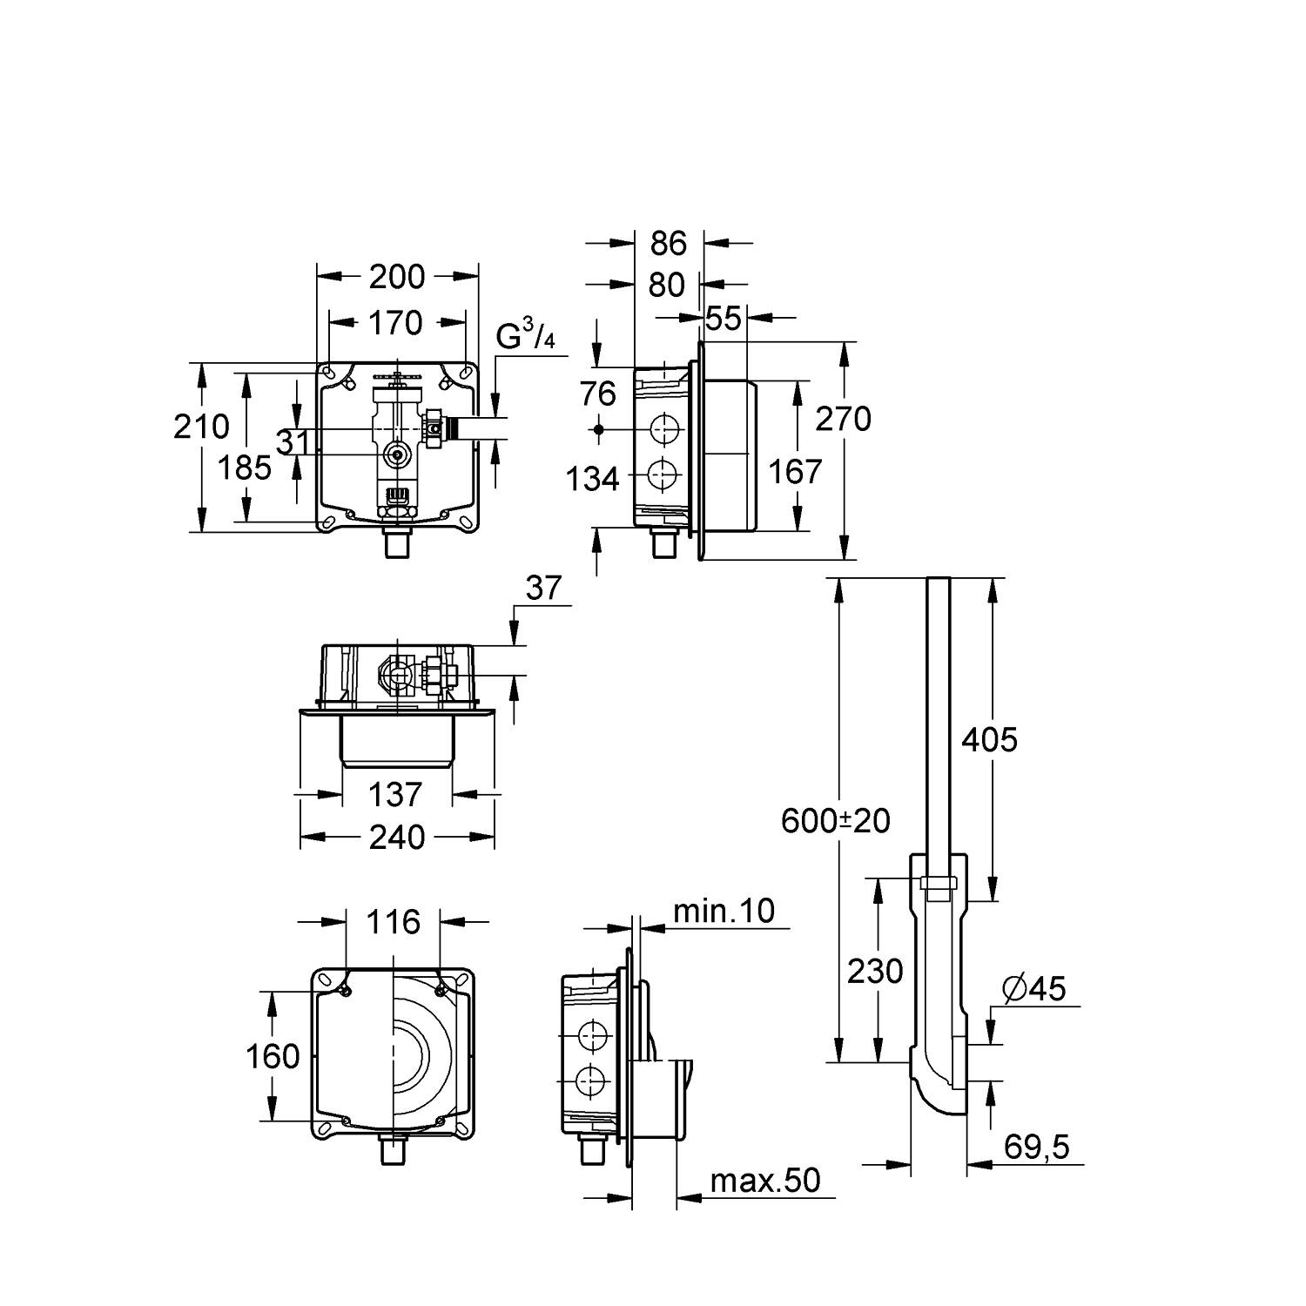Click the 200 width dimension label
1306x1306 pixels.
[397, 277]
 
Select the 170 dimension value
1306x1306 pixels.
[395, 323]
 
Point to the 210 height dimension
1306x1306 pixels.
[201, 426]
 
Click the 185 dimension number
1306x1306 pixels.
[245, 468]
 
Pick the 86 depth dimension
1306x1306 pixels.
[668, 244]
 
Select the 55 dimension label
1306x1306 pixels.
[723, 319]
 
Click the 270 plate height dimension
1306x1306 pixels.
[843, 419]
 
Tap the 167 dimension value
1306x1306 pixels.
[795, 472]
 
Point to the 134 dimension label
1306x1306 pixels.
[593, 478]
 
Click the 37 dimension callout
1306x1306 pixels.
[544, 589]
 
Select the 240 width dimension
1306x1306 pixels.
[397, 838]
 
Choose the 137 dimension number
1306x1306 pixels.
[395, 794]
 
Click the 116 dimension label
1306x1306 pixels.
[394, 921]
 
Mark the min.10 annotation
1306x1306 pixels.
[724, 911]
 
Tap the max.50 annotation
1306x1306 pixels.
[765, 1181]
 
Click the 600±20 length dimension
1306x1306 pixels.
[836, 820]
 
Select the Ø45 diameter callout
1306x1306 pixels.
[1033, 988]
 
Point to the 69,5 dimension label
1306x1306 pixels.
[1035, 1147]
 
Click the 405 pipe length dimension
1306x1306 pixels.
[989, 740]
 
